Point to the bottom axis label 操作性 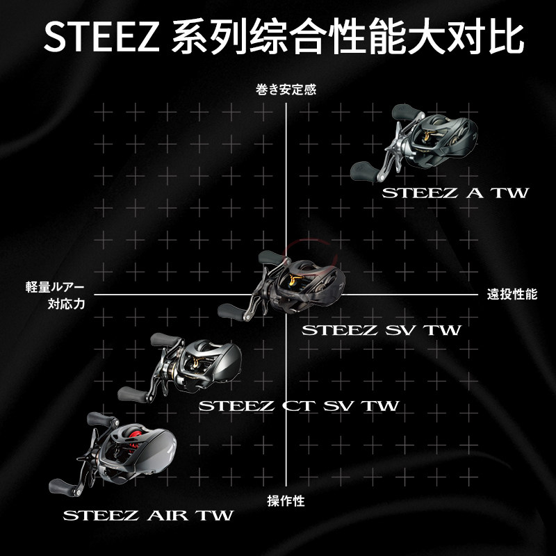click(x=286, y=500)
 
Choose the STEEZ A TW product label click(x=455, y=192)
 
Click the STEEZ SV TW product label click(x=381, y=330)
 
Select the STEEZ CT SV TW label click(x=299, y=406)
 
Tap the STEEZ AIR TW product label click(x=147, y=516)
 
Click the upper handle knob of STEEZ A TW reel click(x=404, y=113)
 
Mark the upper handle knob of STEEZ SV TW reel click(x=270, y=259)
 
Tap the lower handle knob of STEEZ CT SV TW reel click(x=130, y=393)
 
